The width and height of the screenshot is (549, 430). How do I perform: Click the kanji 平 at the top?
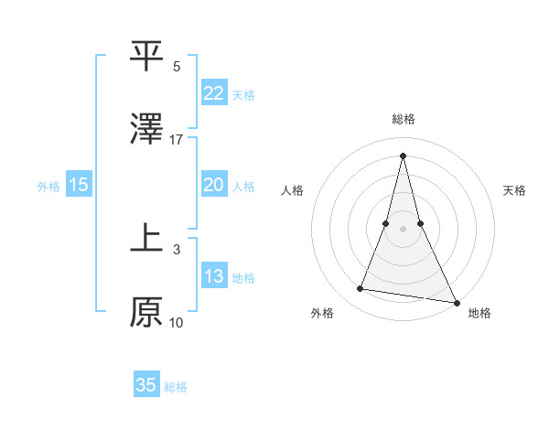pyautogui.click(x=146, y=57)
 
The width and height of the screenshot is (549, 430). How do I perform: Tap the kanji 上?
pyautogui.click(x=146, y=236)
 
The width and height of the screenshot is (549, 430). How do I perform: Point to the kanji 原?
pyautogui.click(x=146, y=311)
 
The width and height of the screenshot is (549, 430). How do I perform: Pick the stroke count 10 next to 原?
pyautogui.click(x=177, y=322)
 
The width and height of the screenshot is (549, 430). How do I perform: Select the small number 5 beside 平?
pyautogui.click(x=177, y=67)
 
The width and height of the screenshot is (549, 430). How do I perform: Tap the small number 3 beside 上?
pyautogui.click(x=177, y=248)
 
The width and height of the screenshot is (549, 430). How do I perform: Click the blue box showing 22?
pyautogui.click(x=214, y=93)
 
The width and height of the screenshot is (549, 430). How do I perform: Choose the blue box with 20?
pyautogui.click(x=214, y=185)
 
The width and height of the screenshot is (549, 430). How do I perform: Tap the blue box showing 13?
pyautogui.click(x=214, y=276)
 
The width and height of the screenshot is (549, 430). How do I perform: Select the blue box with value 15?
pyautogui.click(x=79, y=185)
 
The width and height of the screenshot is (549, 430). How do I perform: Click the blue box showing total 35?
pyautogui.click(x=146, y=385)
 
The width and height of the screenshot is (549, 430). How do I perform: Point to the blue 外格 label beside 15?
pyautogui.click(x=48, y=187)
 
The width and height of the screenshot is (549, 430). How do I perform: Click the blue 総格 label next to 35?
pyautogui.click(x=176, y=387)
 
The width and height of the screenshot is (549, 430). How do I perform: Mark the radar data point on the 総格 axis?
pyautogui.click(x=403, y=154)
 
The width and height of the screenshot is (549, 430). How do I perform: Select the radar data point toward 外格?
pyautogui.click(x=360, y=289)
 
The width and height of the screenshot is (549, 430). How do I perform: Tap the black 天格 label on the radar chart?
pyautogui.click(x=514, y=190)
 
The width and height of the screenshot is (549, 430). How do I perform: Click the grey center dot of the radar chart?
pyautogui.click(x=403, y=228)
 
